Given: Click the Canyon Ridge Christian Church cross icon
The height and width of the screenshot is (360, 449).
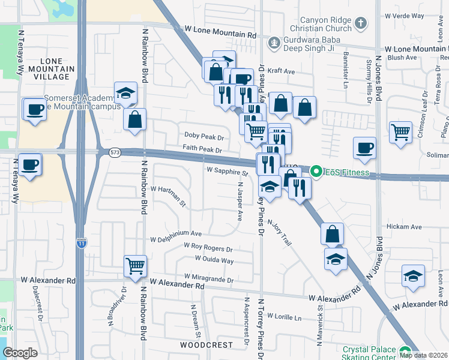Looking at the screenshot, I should pyautogui.click(x=360, y=24).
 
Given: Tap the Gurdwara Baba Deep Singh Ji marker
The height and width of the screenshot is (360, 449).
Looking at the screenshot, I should pyautogui.click(x=274, y=43).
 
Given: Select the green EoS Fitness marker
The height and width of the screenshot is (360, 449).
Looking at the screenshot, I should pyautogui.click(x=316, y=172).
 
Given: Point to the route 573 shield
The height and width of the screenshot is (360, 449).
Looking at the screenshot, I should pyautogui.click(x=114, y=153).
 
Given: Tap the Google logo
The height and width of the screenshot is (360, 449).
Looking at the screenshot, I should pyautogui.click(x=20, y=353).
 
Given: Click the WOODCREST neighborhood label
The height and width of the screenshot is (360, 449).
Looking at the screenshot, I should pyautogui.click(x=206, y=346).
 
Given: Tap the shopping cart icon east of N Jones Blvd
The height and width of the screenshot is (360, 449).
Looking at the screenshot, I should pyautogui.click(x=400, y=131).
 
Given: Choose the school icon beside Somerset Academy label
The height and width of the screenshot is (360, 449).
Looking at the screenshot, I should pyautogui.click(x=125, y=93).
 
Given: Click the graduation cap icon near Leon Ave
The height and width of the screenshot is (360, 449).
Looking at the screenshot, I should pyautogui.click(x=413, y=275).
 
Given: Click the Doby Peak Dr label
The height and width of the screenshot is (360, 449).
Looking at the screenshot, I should pyautogui.click(x=204, y=137).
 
